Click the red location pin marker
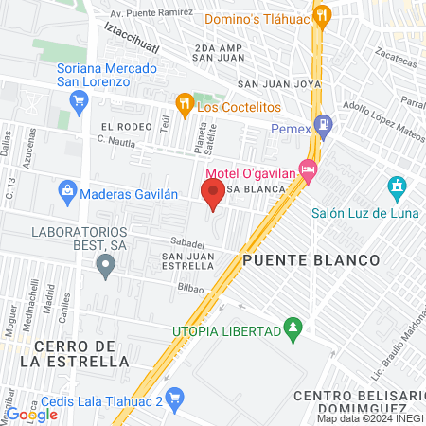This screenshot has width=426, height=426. [x=213, y=195]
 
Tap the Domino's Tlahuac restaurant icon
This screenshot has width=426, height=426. [x=322, y=15]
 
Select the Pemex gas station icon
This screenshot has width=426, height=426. [x=325, y=123]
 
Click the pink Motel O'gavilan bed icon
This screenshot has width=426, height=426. [x=308, y=169]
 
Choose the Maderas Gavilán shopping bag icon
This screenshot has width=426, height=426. [x=68, y=193]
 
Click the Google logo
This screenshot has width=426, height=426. [x=32, y=414]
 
